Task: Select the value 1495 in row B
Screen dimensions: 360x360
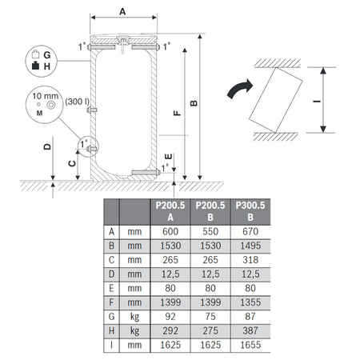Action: pos(242,246)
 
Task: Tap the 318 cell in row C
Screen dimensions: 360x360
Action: pos(242,261)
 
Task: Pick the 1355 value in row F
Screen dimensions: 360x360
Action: pos(242,304)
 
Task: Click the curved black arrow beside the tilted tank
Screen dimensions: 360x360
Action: pos(240,89)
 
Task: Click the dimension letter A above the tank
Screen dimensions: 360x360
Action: pos(122,12)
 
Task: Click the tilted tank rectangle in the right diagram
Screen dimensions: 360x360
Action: pos(277,101)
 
